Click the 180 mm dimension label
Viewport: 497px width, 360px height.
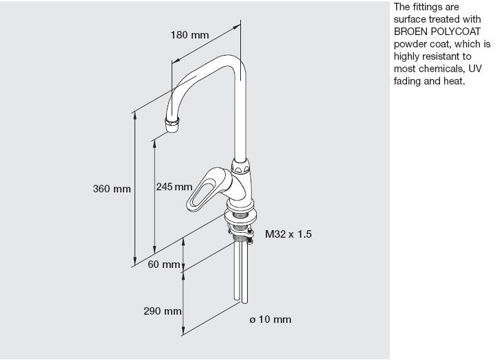click(190, 35)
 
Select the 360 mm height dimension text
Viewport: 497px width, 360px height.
click(112, 189)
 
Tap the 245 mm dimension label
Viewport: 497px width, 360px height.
click(174, 187)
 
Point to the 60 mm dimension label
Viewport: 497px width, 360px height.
click(164, 265)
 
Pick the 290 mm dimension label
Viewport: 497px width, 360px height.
click(163, 311)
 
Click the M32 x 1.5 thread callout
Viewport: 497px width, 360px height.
click(288, 234)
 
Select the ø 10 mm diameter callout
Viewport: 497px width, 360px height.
click(270, 319)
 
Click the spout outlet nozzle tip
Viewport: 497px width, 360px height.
click(172, 125)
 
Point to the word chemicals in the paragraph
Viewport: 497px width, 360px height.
click(443, 69)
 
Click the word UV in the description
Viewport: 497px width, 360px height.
click(475, 69)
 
